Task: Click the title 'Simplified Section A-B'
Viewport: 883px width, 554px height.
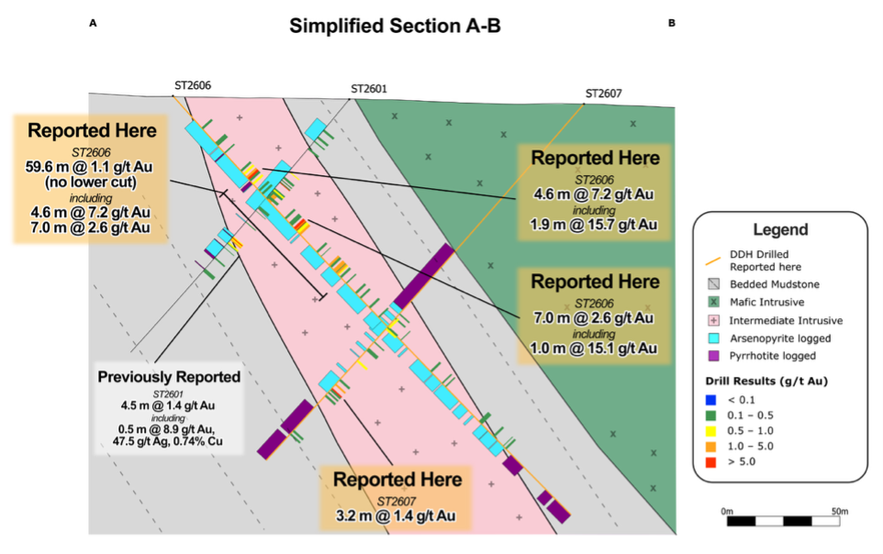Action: click(x=395, y=26)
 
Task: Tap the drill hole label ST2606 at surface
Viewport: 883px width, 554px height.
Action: click(x=193, y=85)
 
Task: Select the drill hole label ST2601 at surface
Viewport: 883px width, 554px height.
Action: click(x=369, y=89)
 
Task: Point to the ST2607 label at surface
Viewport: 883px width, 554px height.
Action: click(x=604, y=94)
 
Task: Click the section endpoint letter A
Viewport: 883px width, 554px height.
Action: click(x=93, y=23)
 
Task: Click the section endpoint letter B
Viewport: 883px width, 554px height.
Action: click(x=671, y=23)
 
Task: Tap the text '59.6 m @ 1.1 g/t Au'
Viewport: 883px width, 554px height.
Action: click(x=89, y=167)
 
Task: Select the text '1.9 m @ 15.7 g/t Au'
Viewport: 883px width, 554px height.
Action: click(x=594, y=225)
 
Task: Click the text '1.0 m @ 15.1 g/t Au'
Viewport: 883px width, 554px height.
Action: click(x=594, y=349)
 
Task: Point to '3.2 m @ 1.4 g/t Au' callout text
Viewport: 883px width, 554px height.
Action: click(x=396, y=515)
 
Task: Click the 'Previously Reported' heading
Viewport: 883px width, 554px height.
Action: click(x=169, y=377)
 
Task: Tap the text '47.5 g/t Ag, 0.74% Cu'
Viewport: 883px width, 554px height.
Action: click(x=167, y=441)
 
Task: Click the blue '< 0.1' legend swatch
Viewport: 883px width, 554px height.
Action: click(x=710, y=400)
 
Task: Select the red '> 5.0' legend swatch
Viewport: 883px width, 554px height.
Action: click(x=710, y=462)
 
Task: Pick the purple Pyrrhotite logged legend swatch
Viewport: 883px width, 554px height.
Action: click(x=713, y=356)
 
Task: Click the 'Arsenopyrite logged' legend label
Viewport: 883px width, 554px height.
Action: click(x=780, y=338)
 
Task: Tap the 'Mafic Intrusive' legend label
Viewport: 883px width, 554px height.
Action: click(x=767, y=303)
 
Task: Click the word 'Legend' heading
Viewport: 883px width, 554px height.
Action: click(x=780, y=229)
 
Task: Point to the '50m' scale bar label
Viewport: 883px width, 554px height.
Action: click(x=840, y=511)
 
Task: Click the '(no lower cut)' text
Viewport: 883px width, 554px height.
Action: click(x=91, y=183)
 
